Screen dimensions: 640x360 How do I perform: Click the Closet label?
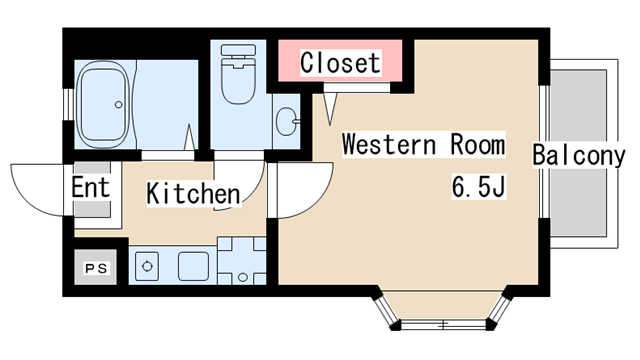click(x=341, y=62)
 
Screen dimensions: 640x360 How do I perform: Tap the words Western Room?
click(x=424, y=144)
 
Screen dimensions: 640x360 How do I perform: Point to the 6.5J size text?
click(x=479, y=186)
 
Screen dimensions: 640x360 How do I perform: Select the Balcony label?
click(x=578, y=155)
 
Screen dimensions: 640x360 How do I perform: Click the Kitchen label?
click(x=193, y=193)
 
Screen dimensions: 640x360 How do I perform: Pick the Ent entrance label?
click(x=91, y=187)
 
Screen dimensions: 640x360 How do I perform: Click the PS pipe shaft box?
click(x=96, y=267)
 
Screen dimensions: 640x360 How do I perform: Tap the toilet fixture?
click(x=238, y=74)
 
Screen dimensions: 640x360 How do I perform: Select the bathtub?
click(x=104, y=104)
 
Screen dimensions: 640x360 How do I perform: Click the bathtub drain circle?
click(x=118, y=104)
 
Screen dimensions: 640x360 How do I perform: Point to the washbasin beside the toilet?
click(x=287, y=121)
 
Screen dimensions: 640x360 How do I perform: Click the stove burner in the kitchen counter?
click(x=147, y=266)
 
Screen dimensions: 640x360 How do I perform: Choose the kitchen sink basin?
click(x=193, y=266)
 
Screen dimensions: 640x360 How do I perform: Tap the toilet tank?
click(x=238, y=50)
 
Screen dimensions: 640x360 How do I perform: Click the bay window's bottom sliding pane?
click(x=443, y=325)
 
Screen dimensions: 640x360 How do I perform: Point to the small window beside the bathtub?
click(x=68, y=104)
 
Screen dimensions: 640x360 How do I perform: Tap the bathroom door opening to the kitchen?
click(x=168, y=156)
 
